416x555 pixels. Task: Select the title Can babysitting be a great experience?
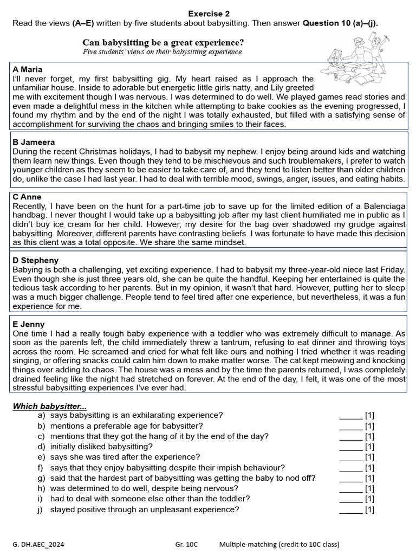click(x=163, y=42)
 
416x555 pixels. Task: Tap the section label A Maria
click(x=27, y=69)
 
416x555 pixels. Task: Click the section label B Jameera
click(x=34, y=142)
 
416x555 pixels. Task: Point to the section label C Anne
click(x=27, y=197)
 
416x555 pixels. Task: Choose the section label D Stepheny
click(x=35, y=260)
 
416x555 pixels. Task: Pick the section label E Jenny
click(x=29, y=324)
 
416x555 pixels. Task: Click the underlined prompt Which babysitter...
click(x=49, y=406)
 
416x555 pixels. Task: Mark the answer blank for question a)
click(x=350, y=416)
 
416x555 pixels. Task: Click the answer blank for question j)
click(x=350, y=509)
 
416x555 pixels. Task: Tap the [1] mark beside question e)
click(x=369, y=457)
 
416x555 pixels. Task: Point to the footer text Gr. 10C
click(x=187, y=545)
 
